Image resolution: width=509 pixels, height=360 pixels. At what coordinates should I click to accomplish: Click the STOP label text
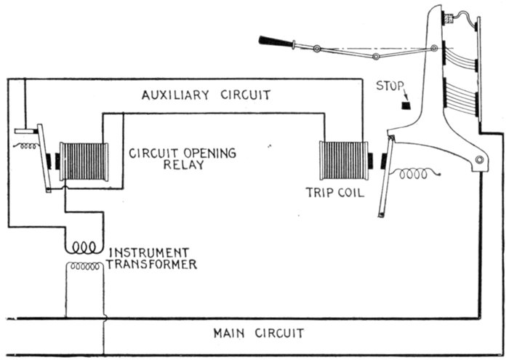[x=389, y=86]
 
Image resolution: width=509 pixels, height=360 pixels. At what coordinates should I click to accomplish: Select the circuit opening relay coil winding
[x=84, y=161]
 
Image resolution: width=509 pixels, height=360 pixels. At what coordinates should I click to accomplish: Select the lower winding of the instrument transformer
[x=84, y=267]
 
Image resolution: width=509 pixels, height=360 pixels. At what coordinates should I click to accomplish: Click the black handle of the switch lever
[x=275, y=41]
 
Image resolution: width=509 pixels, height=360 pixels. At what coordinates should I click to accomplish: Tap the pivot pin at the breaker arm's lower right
[x=479, y=160]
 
